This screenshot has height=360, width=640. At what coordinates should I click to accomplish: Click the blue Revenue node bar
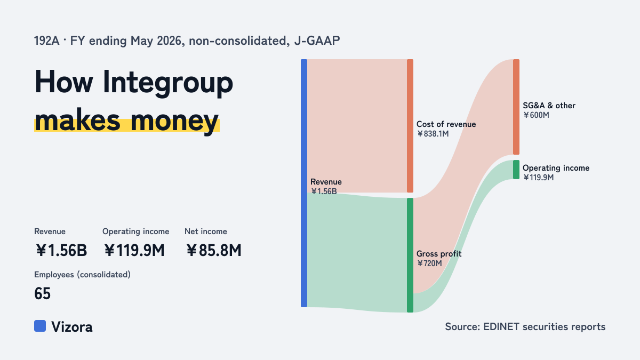(304, 183)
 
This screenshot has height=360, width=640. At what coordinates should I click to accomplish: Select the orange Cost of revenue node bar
(410, 126)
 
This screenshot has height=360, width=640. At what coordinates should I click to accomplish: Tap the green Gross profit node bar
(410, 255)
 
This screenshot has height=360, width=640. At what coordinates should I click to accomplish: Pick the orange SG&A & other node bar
(516, 107)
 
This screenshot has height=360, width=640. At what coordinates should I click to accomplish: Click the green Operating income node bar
(516, 170)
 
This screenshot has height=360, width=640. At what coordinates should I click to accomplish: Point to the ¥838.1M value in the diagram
(433, 134)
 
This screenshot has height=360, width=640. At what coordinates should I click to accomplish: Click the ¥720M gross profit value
(429, 263)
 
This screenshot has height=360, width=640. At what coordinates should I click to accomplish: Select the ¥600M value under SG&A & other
(536, 115)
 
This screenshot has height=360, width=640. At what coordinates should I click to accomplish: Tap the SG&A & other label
(549, 106)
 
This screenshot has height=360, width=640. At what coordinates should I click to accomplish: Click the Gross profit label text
(439, 254)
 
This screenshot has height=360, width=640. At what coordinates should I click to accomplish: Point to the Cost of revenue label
(446, 124)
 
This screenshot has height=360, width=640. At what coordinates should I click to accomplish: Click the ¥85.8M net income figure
(213, 250)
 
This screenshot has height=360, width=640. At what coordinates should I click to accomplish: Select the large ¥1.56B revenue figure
(61, 250)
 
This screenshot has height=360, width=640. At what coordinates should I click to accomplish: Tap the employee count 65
(42, 293)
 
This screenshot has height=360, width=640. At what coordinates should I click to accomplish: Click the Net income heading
(206, 231)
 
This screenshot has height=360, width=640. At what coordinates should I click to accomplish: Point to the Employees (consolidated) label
(82, 275)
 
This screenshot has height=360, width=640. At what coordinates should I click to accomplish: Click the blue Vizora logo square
(40, 326)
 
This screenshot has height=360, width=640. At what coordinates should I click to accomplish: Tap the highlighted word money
(174, 121)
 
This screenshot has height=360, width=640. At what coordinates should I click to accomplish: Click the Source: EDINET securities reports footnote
(525, 326)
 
